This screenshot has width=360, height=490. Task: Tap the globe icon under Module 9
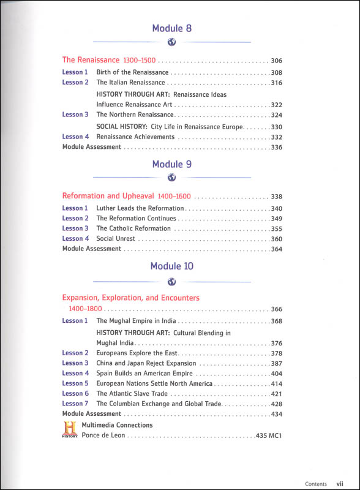[172, 178]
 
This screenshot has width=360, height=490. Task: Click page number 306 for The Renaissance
[276, 61]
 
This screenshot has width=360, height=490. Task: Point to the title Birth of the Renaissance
[132, 72]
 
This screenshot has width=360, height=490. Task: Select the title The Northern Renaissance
[135, 115]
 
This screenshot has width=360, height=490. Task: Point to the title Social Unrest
[116, 238]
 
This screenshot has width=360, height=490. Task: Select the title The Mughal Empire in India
[135, 320]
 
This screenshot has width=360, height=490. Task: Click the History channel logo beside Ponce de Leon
[70, 429]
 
